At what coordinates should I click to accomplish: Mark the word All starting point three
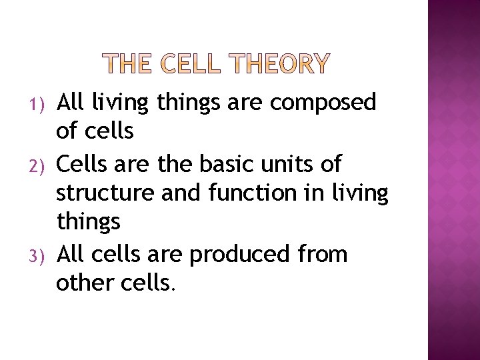click(71, 254)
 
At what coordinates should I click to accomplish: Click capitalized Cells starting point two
click(79, 163)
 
